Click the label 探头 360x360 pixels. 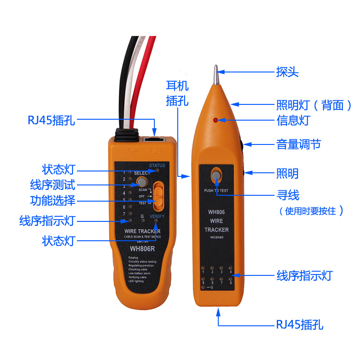pyautogui.click(x=287, y=72)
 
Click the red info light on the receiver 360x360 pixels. pyautogui.click(x=216, y=120)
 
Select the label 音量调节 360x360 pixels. pyautogui.click(x=298, y=144)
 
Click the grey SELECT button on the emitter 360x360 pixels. pyautogui.click(x=142, y=182)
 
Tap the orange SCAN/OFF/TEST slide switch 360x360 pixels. pyautogui.click(x=158, y=196)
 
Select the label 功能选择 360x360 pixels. pyautogui.click(x=53, y=201)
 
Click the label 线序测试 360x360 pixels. pyautogui.click(x=53, y=184)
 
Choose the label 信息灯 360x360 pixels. pyautogui.click(x=293, y=121)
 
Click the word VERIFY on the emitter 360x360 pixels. pyautogui.click(x=157, y=216)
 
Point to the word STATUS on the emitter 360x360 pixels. pyautogui.click(x=157, y=166)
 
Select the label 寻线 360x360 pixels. pyautogui.click(x=288, y=195)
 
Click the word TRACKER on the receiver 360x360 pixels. pyautogui.click(x=216, y=230)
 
